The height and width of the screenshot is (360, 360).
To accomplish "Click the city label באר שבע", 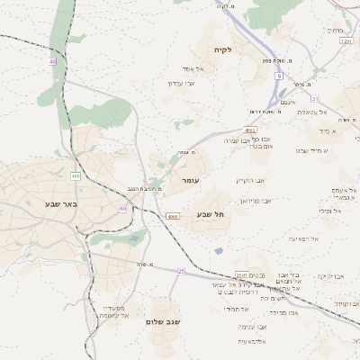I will coord(60,204).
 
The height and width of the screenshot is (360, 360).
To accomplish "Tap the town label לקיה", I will coord(222,49).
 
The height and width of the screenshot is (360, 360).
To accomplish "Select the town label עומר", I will coord(190,181).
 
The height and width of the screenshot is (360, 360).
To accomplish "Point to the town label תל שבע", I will coord(209,213).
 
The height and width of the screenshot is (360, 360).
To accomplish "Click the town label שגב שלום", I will coord(164,321).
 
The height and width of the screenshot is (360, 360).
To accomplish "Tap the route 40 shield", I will coord(53,61).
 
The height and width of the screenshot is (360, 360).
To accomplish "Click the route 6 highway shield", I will coord(279,76).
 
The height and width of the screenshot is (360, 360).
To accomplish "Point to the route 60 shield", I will coord(122,209).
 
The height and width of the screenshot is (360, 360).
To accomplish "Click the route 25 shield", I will coord(180,270).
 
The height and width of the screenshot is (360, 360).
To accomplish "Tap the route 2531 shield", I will coord(241,274).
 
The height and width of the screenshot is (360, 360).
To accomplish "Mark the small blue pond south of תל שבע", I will coord(218,251).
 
